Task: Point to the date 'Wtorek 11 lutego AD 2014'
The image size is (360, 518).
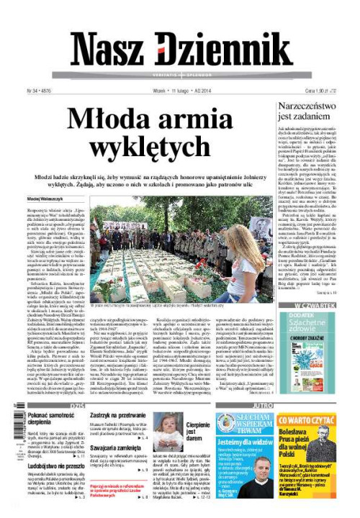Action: (x=181, y=91)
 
